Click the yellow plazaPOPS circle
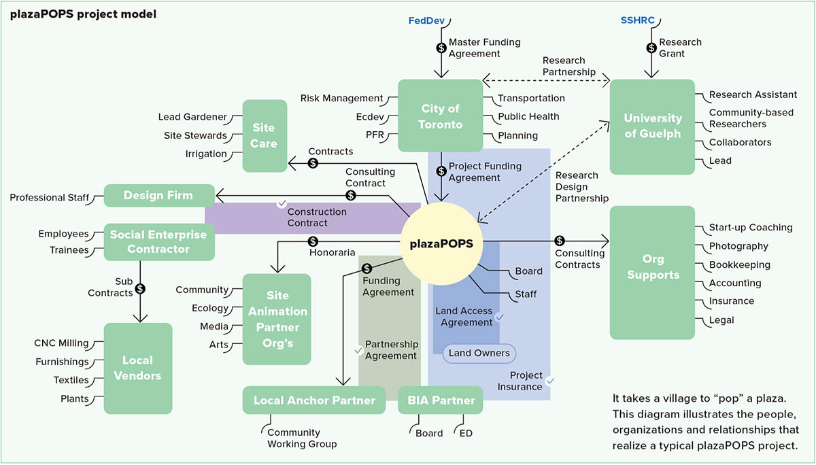441,242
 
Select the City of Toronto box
440,116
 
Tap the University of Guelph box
652,126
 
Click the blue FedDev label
426,20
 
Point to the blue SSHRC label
637,20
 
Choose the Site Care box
264,135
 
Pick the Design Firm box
158,196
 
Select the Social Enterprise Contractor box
158,241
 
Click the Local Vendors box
137,368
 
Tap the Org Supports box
652,267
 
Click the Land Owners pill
479,353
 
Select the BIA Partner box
440,400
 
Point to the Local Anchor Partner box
314,400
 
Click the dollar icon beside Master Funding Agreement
441,48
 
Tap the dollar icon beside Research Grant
651,48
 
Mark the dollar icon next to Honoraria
313,241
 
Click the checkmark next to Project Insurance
550,381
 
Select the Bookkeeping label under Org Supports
740,264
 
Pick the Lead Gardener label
192,117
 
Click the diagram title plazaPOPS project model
83,14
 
